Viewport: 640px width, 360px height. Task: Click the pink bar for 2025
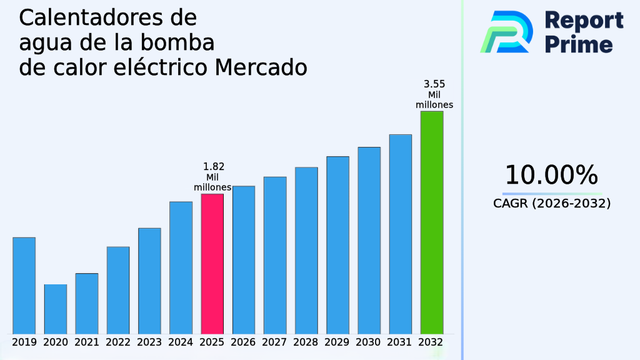(x=212, y=264)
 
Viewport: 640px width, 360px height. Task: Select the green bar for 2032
(x=431, y=222)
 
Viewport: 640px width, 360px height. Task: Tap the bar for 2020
(x=55, y=309)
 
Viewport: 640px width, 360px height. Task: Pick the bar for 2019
(x=24, y=285)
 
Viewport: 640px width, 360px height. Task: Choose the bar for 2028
(x=306, y=250)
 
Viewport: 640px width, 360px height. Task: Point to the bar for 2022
(x=118, y=290)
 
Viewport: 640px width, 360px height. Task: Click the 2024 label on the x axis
(x=181, y=342)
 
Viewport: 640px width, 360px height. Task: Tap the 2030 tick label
(x=369, y=342)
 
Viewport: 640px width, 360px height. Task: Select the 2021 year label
(x=87, y=342)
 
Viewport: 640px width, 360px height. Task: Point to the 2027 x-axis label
(x=275, y=342)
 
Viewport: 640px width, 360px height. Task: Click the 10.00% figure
(x=551, y=176)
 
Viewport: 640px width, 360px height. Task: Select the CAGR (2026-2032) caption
(x=551, y=204)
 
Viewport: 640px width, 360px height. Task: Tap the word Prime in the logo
(x=578, y=44)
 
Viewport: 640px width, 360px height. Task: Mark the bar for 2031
(x=400, y=234)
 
